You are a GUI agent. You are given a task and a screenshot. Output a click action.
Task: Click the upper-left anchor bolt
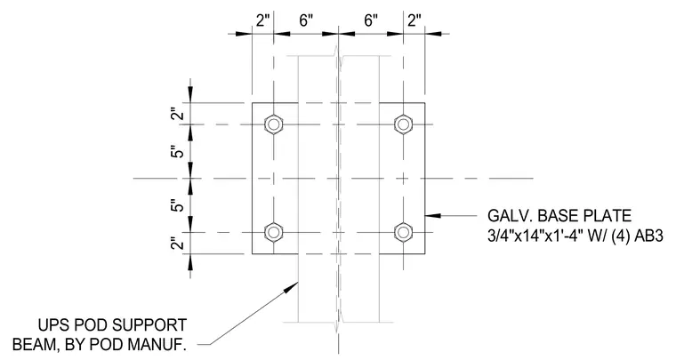(273, 124)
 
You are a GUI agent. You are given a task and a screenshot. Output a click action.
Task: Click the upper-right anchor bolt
(403, 124)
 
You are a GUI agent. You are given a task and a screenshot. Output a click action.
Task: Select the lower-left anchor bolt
(273, 233)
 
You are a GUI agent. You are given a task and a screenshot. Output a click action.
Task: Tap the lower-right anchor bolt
(403, 233)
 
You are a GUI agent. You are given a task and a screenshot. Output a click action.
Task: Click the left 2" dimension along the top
(262, 20)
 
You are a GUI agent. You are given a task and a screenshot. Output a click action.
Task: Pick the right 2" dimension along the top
(414, 20)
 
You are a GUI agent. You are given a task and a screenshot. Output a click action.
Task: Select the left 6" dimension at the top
(306, 20)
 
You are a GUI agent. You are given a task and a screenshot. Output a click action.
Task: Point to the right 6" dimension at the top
(371, 20)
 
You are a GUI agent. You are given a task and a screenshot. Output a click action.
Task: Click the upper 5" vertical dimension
(177, 152)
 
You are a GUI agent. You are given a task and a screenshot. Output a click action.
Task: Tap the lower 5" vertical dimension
(177, 205)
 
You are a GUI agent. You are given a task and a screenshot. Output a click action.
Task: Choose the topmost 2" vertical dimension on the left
(177, 114)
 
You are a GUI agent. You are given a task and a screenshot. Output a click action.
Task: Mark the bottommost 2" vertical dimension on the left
(177, 244)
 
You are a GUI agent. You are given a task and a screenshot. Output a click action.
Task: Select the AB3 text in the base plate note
(648, 236)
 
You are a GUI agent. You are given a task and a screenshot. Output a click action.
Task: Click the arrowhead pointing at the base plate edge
(433, 214)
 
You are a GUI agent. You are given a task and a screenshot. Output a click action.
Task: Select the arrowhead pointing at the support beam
(292, 287)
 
